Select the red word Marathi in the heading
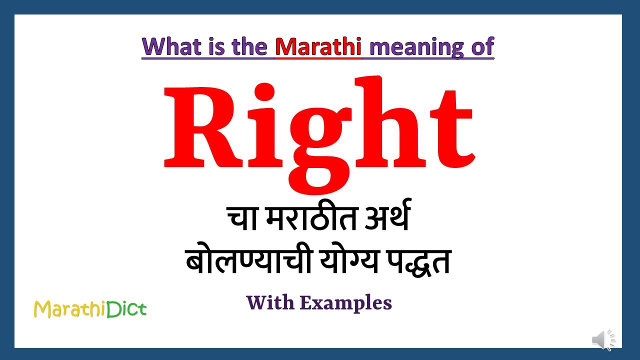click(318, 46)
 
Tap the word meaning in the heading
click(416, 47)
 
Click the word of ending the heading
click(482, 46)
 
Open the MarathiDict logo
click(90, 309)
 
